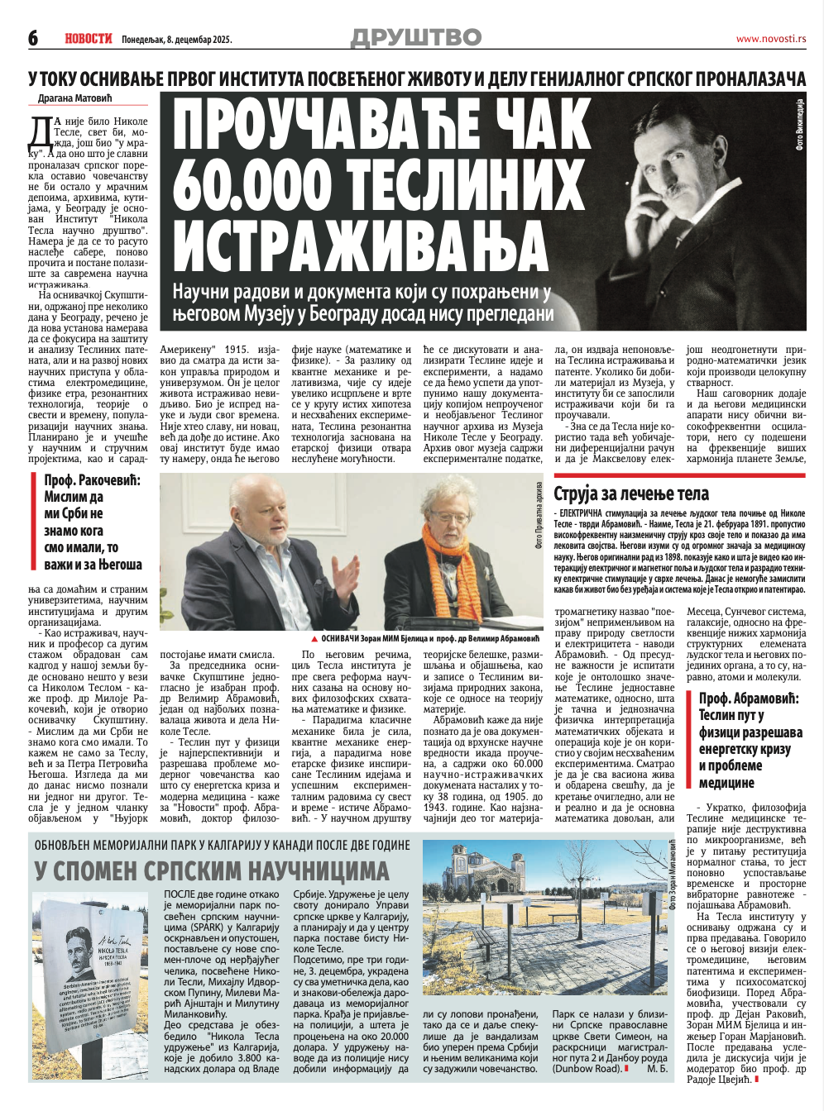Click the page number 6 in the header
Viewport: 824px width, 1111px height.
pos(34,38)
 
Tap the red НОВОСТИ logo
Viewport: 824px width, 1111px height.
pos(88,38)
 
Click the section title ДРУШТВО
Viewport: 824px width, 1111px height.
pos(416,37)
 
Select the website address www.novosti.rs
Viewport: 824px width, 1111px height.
pos(770,39)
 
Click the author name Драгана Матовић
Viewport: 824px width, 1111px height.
pos(79,98)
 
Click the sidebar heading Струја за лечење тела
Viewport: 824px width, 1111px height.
pos(631,494)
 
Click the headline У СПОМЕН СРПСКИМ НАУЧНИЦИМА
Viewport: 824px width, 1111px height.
pos(211,870)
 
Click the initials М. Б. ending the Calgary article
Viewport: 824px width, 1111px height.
pos(658,1069)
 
